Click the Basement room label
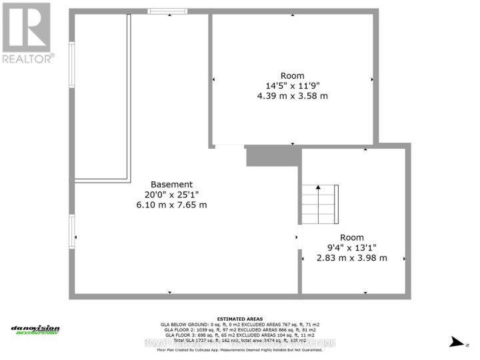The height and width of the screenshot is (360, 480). tap(171, 185)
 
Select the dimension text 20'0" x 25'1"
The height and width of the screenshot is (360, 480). tap(171, 195)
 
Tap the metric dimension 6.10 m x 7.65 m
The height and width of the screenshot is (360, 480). tap(171, 205)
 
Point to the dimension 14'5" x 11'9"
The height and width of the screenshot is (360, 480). tap(293, 86)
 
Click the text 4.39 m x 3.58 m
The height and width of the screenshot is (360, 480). tap(293, 96)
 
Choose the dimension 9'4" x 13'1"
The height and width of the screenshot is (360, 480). tap(352, 247)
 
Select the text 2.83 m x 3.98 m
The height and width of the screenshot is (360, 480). tap(352, 257)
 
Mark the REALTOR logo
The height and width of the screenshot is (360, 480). tap(26, 33)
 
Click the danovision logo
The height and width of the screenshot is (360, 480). tap(35, 329)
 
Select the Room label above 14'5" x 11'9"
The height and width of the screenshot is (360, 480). tap(293, 76)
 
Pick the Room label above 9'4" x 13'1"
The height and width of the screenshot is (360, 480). tap(352, 237)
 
